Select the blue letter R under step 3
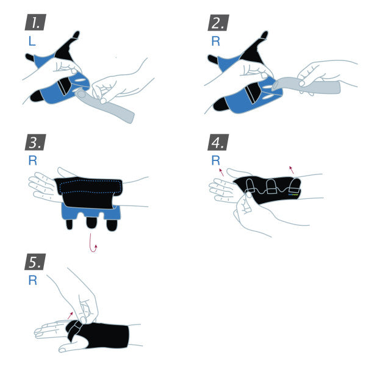32,163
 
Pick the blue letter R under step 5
32,281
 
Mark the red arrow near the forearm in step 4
290,169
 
